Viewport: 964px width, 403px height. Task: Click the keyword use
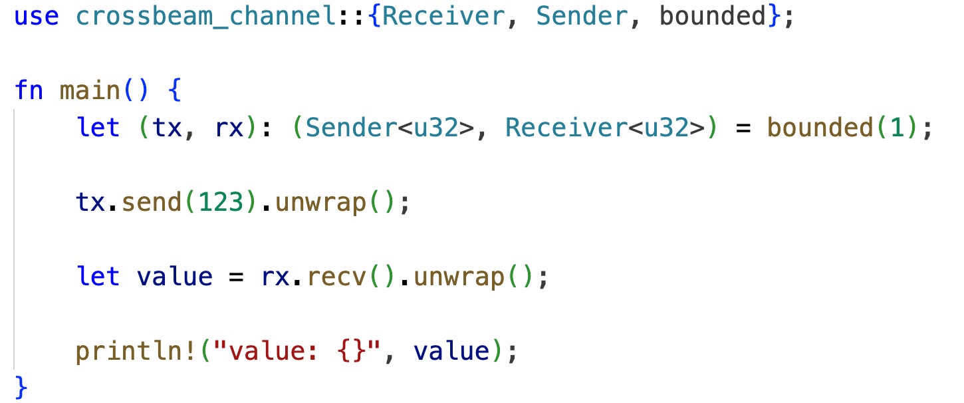[x=37, y=17]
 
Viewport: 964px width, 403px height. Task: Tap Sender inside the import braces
[x=581, y=17]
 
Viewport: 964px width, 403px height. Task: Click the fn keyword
[x=29, y=90]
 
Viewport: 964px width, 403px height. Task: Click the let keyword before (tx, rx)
[x=98, y=128]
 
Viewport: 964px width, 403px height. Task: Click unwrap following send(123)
[x=320, y=202]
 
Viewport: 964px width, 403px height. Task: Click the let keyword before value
[x=98, y=277]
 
